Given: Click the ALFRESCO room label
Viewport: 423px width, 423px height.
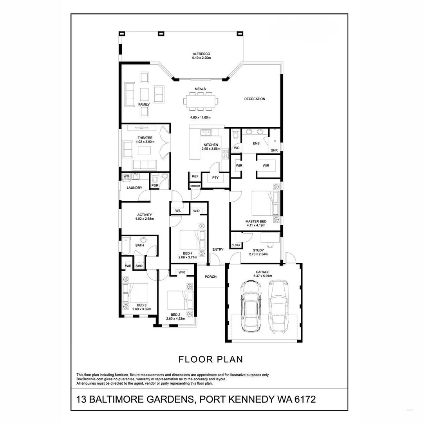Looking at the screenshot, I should point(201,54).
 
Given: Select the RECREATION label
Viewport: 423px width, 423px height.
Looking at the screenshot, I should point(255,99).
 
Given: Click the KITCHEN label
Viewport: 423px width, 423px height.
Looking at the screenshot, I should point(211,145).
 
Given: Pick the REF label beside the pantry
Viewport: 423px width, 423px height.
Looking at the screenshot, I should point(195,177).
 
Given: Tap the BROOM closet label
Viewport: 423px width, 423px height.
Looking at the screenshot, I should point(195,186).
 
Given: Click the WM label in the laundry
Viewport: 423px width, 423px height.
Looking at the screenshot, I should point(126,177).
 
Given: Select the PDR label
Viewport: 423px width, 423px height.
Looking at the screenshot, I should point(155,186).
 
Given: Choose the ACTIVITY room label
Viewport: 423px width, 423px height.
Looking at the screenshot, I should point(145,215).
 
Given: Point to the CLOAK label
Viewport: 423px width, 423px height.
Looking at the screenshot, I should point(236,246).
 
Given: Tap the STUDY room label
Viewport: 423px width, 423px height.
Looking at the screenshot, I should point(258,250).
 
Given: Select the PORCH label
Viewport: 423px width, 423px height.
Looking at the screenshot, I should point(211,277).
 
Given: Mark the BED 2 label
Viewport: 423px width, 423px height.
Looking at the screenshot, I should point(175,315).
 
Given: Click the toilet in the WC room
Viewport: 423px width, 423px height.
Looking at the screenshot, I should point(235,136).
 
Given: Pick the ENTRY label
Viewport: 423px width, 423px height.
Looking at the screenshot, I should point(218,249).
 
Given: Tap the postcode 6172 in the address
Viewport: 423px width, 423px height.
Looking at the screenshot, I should point(302,400).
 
